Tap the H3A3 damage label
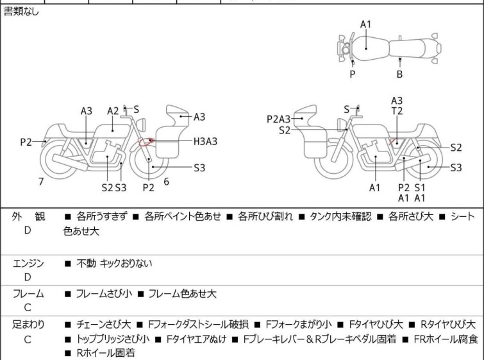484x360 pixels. tap(205, 141)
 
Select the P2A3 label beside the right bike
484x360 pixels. tap(279, 118)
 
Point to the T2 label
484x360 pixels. tap(397, 111)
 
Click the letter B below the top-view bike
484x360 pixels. tap(399, 74)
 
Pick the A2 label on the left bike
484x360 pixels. tap(113, 111)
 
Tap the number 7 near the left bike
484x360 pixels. tap(41, 182)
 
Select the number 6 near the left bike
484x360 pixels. tap(166, 182)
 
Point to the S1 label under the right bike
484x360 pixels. tap(420, 187)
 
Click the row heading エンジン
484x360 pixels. tap(29, 262)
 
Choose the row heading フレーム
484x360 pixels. tap(29, 294)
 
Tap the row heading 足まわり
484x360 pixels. tap(29, 324)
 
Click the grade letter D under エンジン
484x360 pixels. tap(28, 277)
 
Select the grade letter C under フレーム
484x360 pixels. tap(28, 308)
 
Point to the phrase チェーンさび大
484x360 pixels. tap(106, 324)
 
